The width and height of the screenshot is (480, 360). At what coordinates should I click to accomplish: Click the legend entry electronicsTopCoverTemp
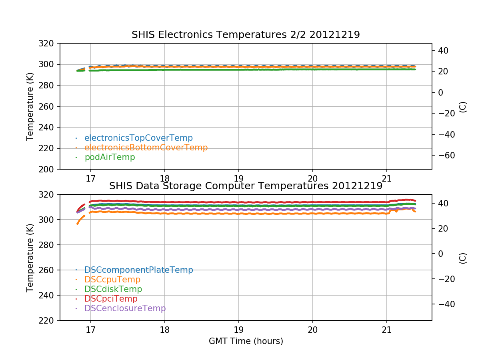pos(138,138)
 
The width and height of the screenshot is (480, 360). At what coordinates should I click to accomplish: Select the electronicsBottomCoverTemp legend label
pos(146,148)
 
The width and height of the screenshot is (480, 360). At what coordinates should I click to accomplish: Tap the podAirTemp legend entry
pos(110,157)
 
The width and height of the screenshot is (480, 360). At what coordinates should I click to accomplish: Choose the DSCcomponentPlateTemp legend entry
pos(138,270)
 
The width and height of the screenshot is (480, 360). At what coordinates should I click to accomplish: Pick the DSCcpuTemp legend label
pos(112,280)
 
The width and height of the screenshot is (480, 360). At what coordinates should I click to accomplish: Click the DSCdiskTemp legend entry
pos(113,289)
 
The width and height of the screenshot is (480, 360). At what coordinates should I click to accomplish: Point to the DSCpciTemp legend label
pos(111,299)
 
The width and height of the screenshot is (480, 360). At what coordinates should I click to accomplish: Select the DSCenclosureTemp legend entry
pos(125,308)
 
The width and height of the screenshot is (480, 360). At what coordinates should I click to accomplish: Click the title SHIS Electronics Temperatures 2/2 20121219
pos(246,35)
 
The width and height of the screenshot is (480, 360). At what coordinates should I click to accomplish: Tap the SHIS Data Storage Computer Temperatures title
pos(246,186)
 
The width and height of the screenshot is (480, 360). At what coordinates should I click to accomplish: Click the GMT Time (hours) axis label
pos(246,341)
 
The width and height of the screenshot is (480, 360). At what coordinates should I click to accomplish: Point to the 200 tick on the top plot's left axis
pos(50,169)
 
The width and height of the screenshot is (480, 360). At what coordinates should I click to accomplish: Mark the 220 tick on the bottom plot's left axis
pos(50,320)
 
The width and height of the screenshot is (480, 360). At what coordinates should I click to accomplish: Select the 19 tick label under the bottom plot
pos(239,330)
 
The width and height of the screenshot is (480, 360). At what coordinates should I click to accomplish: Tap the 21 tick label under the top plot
pos(387,178)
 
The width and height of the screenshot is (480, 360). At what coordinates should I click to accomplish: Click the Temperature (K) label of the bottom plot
pos(30,257)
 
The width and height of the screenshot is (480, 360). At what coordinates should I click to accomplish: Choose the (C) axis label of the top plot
pos(463,106)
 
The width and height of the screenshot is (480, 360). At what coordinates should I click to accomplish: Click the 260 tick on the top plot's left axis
pos(50,106)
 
